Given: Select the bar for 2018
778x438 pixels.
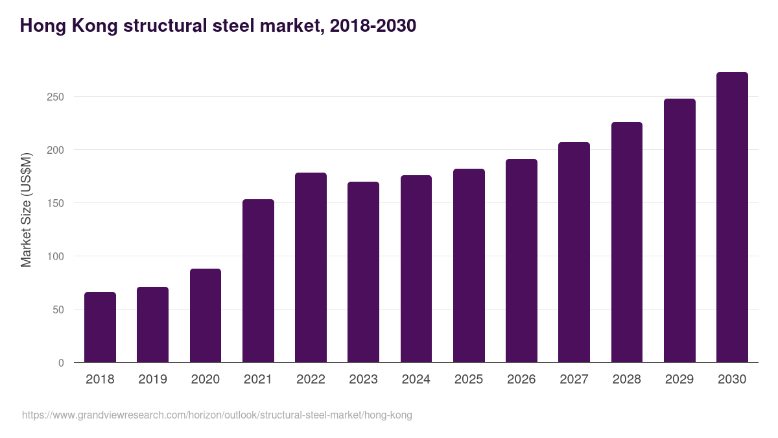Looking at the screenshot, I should click(100, 327).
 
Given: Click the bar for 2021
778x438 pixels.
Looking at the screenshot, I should click(258, 280).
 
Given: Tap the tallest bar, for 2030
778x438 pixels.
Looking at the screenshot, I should click(732, 217).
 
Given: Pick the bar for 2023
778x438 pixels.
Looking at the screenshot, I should click(363, 272).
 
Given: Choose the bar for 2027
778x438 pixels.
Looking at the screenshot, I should click(574, 252).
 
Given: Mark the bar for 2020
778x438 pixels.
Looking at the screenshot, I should click(206, 315).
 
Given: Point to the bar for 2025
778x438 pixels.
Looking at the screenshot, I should click(469, 265).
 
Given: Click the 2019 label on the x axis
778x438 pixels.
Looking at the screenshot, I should click(152, 379).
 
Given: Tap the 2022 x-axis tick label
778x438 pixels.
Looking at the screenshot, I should click(311, 379).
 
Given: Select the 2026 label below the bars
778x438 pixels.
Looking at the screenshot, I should click(521, 379).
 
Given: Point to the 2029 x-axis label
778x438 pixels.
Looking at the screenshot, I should click(679, 379).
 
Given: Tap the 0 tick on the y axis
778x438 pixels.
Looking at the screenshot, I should click(61, 363).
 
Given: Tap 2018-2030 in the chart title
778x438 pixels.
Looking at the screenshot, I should click(373, 26).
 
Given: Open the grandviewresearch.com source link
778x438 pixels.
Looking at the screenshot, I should click(217, 415).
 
